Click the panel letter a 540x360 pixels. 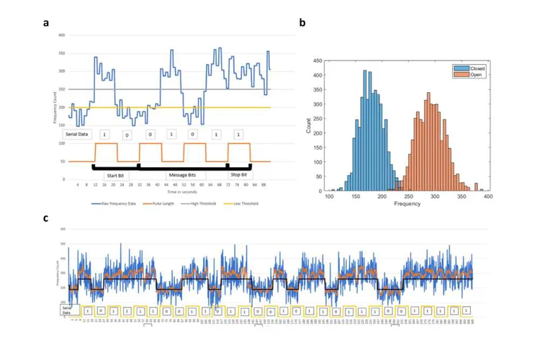tap(46, 22)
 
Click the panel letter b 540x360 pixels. tap(302, 22)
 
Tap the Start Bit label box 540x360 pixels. tap(115, 174)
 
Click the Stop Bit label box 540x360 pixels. tap(238, 174)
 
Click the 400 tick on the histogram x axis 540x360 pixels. tap(487, 196)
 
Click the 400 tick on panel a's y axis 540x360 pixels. tap(62, 35)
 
